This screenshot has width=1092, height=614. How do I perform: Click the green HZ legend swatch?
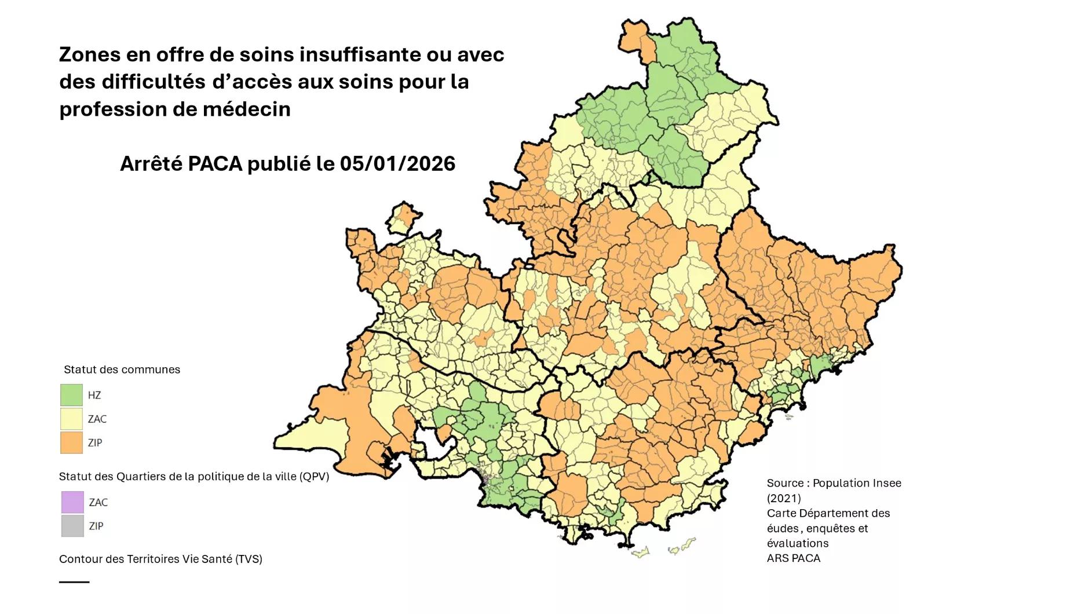tap(71, 395)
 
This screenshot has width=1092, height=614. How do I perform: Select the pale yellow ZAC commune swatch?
tap(71, 419)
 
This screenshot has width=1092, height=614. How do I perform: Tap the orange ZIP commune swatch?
tap(71, 443)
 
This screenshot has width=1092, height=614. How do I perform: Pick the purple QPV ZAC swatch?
tap(72, 502)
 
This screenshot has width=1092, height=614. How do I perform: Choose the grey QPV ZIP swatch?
tap(72, 526)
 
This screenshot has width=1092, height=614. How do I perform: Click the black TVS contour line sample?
tap(74, 582)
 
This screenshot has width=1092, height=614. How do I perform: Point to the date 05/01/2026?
tap(397, 164)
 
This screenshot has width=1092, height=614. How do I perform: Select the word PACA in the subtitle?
tap(215, 164)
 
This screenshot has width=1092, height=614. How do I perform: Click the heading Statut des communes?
tap(122, 370)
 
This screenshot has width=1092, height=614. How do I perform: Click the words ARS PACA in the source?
tap(793, 558)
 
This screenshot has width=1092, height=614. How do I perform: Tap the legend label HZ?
tap(94, 395)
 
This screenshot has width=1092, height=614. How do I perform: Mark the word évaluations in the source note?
tap(798, 543)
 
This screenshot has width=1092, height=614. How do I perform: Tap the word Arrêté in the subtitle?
tap(151, 164)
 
